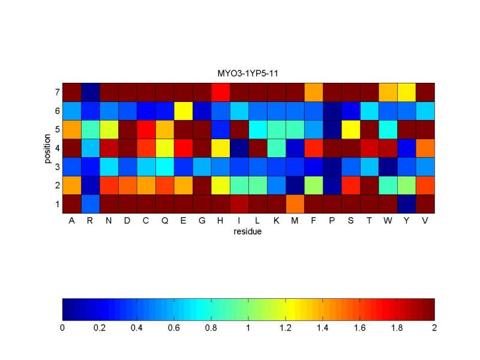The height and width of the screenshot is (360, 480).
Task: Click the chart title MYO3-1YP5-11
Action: (x=249, y=74)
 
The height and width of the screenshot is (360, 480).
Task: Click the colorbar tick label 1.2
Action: (x=286, y=328)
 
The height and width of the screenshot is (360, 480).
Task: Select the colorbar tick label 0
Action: (x=62, y=328)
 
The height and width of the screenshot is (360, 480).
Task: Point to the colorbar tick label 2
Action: (x=434, y=328)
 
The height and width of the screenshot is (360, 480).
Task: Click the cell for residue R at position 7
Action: (x=90, y=93)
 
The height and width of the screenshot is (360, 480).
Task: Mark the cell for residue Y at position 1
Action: (x=407, y=204)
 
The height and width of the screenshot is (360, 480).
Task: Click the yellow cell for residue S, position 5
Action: (x=351, y=130)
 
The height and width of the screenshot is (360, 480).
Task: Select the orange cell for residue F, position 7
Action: (x=314, y=93)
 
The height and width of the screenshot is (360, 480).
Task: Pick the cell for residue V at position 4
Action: (x=425, y=148)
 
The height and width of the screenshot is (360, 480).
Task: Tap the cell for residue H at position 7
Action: (x=220, y=93)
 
